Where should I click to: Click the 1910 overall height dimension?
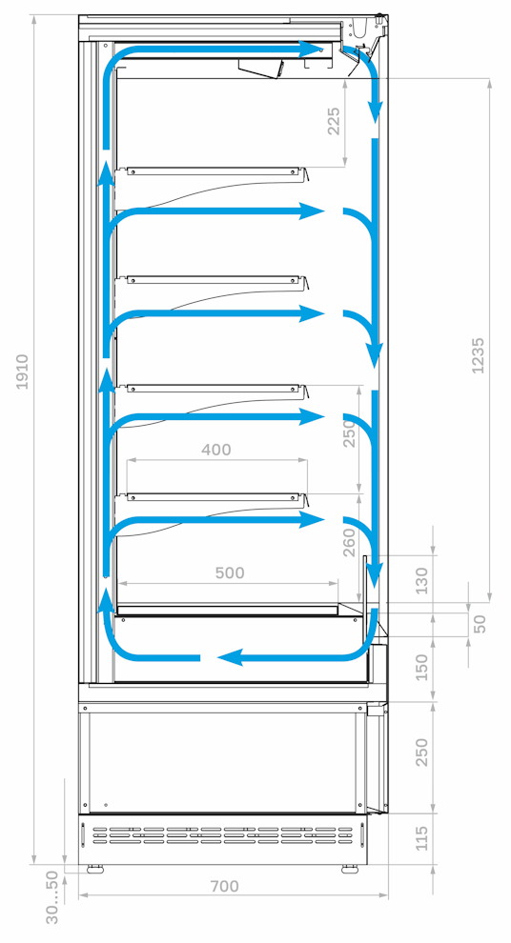coord(22,371)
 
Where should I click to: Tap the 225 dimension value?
coord(334,121)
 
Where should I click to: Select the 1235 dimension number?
coord(478,355)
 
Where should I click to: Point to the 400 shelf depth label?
coord(216,450)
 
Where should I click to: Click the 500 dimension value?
coord(230,572)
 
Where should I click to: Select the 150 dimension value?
coord(422,667)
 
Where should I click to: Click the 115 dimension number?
coord(422,838)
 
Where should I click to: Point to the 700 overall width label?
coord(224,887)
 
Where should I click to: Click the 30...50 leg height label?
coord(53,897)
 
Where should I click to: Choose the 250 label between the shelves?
coord(350,433)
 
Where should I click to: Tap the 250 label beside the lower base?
coord(422,752)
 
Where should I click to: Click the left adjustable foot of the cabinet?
coord(93,869)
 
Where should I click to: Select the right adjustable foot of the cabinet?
coord(349,869)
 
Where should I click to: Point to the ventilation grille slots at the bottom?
coord(223,834)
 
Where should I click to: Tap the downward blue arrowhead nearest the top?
coord(376,110)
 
